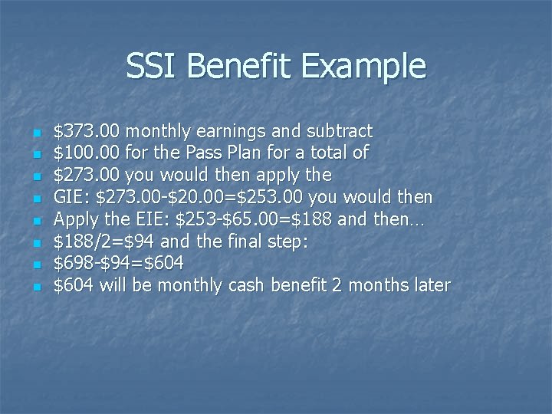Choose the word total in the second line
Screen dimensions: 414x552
tap(320, 153)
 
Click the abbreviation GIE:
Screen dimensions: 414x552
tap(71, 198)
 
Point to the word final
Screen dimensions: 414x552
tap(248, 242)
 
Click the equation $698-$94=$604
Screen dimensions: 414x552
tap(119, 263)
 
